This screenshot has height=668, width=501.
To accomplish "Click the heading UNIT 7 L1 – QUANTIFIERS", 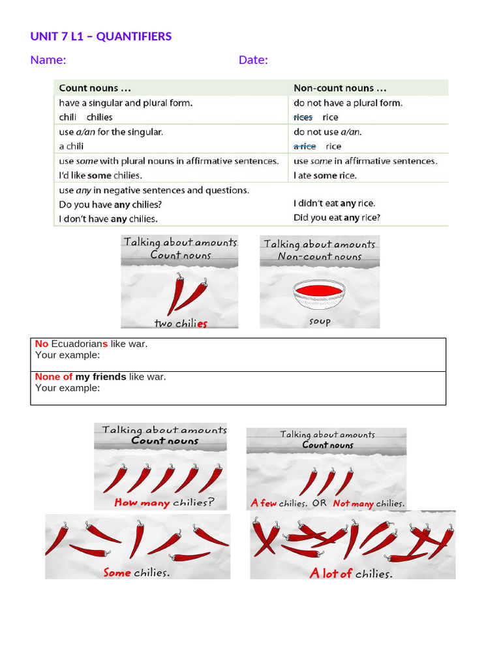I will click(101, 37).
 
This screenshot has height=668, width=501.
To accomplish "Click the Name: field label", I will click(48, 60).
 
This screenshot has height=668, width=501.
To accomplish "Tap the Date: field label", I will click(253, 60).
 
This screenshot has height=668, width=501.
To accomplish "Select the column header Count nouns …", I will click(89, 88).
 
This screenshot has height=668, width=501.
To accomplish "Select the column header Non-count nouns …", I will click(333, 88).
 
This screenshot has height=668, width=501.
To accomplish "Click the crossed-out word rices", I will click(303, 117).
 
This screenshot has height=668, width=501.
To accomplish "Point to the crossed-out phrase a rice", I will click(305, 146).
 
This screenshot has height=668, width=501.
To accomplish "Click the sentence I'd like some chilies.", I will click(100, 175).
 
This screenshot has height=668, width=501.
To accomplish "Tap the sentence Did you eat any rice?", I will click(337, 218).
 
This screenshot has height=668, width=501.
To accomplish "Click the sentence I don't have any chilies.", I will click(108, 219).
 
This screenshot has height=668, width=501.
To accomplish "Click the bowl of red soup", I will click(319, 294).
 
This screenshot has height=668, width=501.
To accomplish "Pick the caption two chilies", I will click(181, 323).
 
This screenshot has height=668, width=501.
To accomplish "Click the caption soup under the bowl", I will click(320, 321).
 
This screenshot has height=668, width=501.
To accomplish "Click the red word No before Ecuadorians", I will click(42, 344).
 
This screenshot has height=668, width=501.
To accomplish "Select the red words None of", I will click(53, 376).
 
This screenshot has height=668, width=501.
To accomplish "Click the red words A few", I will click(264, 504).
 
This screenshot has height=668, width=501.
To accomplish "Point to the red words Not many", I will click(353, 504).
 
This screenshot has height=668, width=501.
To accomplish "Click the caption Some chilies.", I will click(137, 573).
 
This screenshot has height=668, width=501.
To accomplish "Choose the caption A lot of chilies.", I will click(351, 574).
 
